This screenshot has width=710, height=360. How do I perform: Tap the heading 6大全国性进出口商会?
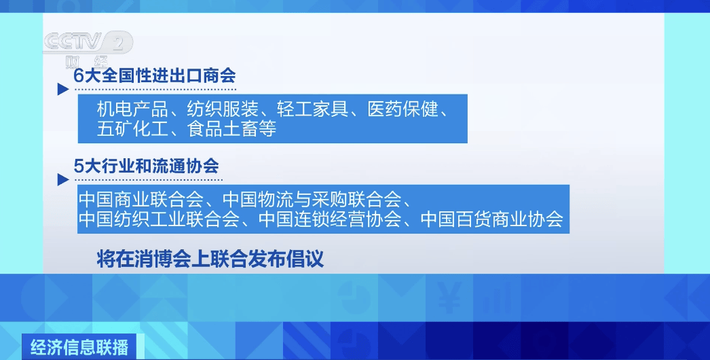click(x=154, y=75)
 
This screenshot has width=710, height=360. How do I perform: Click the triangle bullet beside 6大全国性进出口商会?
click(x=63, y=89)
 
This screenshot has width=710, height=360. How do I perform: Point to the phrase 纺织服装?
click(x=223, y=109)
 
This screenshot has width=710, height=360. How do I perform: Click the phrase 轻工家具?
click(x=312, y=109)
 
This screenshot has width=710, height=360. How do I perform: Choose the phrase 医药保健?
click(x=403, y=109)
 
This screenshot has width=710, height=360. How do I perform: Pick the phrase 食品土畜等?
click(x=231, y=129)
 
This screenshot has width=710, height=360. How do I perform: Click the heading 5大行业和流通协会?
click(x=146, y=166)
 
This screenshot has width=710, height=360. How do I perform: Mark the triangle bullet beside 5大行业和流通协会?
click(x=63, y=180)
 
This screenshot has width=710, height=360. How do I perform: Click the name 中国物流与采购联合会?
click(x=312, y=200)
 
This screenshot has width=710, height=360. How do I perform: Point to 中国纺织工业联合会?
click(x=159, y=219)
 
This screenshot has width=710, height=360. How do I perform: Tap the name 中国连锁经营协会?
click(x=330, y=219)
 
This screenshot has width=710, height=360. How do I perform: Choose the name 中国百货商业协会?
click(x=491, y=219)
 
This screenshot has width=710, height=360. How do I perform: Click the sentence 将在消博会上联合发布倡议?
click(x=210, y=259)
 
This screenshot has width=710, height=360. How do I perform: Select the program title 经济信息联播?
click(x=79, y=347)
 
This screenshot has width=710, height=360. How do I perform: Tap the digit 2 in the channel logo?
click(x=118, y=43)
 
